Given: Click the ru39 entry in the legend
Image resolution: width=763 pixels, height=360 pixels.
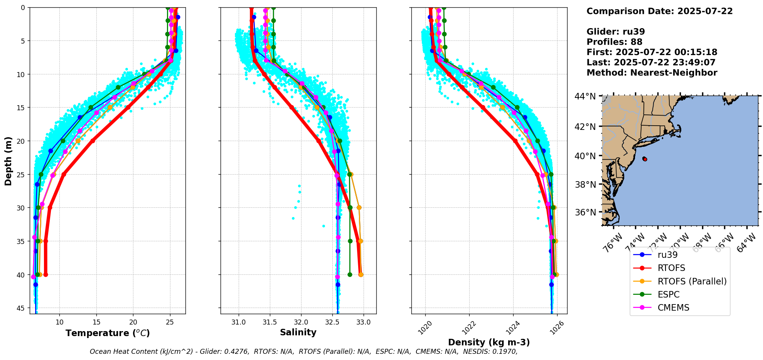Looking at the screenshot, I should (x=667, y=255).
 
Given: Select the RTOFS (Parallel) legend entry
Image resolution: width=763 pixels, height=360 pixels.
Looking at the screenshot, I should (x=692, y=281).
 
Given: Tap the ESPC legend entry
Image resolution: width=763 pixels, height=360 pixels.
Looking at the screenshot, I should (x=668, y=294).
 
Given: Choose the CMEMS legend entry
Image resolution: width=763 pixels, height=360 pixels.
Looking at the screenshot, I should (x=673, y=308).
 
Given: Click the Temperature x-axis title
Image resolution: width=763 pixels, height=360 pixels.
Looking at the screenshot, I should (x=108, y=333).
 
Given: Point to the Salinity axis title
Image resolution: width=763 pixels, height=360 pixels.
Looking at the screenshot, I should (x=298, y=332).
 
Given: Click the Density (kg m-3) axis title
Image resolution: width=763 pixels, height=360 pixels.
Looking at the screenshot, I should (x=489, y=342).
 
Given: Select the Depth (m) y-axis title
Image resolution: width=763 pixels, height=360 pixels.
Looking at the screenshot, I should (x=8, y=161).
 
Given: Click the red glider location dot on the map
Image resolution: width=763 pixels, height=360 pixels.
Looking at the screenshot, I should (x=645, y=159).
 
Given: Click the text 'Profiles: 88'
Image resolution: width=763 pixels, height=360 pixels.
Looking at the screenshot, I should (x=614, y=42).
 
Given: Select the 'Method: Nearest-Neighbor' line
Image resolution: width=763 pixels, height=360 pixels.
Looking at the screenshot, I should (x=652, y=73).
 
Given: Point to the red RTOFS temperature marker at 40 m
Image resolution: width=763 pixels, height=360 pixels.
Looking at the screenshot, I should (x=45, y=275).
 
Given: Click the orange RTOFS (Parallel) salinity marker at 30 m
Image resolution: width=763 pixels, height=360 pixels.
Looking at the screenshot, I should (x=359, y=208).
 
